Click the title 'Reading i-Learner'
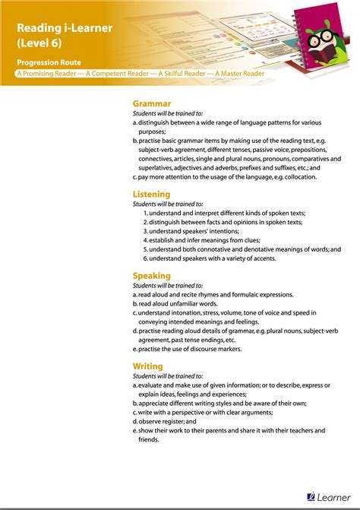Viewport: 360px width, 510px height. (65, 27)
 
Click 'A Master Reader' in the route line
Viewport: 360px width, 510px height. (239, 74)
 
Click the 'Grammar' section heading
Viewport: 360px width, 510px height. (152, 103)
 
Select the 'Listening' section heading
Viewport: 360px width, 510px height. (152, 195)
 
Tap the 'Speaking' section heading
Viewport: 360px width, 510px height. (152, 276)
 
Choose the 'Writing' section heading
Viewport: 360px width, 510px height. (148, 366)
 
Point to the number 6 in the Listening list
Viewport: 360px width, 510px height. (144, 258)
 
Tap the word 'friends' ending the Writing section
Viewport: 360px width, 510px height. (150, 439)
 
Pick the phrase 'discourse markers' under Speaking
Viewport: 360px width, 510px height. (216, 349)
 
